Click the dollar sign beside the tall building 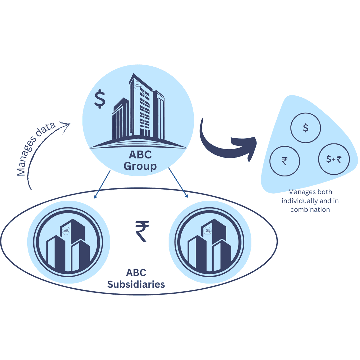click(x=100, y=99)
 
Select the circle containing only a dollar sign click(x=305, y=128)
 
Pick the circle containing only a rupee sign click(x=284, y=161)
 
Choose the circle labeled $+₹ click(x=334, y=159)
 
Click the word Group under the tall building click(x=140, y=166)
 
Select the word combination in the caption click(x=310, y=210)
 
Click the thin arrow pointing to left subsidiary click(x=102, y=185)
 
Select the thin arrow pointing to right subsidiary click(x=178, y=183)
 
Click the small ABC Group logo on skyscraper click(x=138, y=85)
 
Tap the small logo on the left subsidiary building click(x=66, y=230)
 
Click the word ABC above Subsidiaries click(x=136, y=272)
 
